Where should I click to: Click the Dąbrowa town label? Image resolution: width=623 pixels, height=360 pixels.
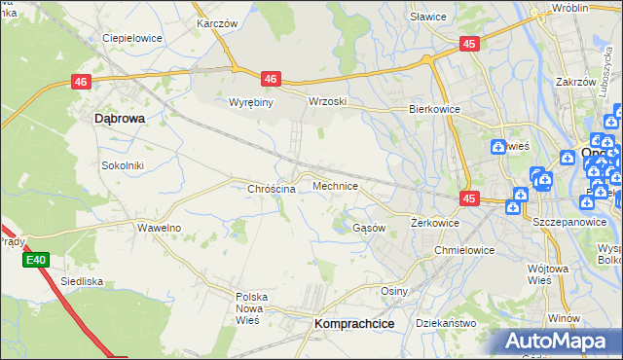[x=119, y=118]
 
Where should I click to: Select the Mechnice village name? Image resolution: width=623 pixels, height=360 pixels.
[x=336, y=185]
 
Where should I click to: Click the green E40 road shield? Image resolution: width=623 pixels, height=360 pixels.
[x=36, y=260]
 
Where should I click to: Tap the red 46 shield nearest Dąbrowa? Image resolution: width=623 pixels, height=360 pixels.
[x=81, y=84]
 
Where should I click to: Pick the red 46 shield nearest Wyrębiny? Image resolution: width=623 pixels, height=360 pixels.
[x=271, y=79]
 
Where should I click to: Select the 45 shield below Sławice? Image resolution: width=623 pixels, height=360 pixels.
[x=470, y=44]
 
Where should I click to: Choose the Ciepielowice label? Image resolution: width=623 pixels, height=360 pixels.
[x=131, y=39]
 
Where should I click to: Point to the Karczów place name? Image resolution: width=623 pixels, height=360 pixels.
[x=216, y=21]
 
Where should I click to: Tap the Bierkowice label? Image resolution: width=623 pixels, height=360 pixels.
[x=433, y=110]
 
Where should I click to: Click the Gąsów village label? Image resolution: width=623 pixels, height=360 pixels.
[x=369, y=227]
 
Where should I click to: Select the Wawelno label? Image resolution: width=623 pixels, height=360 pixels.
[x=159, y=227]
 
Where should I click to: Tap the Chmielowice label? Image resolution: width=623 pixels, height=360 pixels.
[x=464, y=249]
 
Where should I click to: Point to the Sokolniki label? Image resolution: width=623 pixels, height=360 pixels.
[x=123, y=165]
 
